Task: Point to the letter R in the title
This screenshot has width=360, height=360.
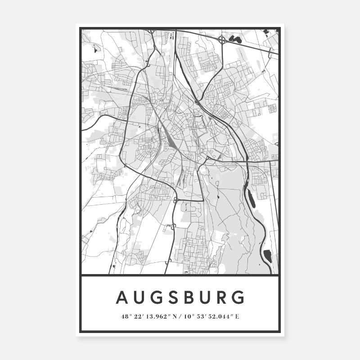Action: (x=223, y=297)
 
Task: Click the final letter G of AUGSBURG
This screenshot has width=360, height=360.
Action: (x=239, y=297)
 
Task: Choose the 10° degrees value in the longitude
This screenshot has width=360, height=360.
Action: (x=188, y=316)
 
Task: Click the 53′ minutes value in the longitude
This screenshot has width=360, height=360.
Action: (x=200, y=316)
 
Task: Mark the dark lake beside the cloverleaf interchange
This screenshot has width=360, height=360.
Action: (x=235, y=39)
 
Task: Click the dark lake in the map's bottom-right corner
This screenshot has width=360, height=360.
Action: (x=268, y=256)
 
